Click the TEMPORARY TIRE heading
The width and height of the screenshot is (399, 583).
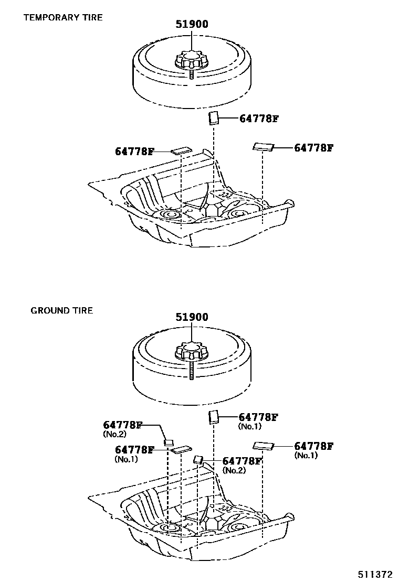click(62, 17)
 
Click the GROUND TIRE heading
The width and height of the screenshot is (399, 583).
click(61, 310)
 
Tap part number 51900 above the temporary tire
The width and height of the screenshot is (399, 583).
click(192, 24)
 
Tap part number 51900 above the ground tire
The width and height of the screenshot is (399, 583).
click(192, 317)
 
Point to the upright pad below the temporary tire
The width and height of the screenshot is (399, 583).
click(214, 118)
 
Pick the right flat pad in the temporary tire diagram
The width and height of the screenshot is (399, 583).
click(263, 147)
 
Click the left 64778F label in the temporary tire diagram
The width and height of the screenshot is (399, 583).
click(134, 152)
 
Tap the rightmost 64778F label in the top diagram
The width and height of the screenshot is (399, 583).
click(313, 148)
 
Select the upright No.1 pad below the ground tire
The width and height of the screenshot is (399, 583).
click(214, 417)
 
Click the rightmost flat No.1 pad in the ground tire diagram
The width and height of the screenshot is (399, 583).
click(263, 446)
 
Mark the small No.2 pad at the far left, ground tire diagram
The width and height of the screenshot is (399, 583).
click(169, 442)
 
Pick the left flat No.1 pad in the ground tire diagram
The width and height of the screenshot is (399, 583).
click(182, 449)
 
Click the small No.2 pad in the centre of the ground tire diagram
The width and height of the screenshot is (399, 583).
click(198, 460)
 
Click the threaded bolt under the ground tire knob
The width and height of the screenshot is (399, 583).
click(191, 370)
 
